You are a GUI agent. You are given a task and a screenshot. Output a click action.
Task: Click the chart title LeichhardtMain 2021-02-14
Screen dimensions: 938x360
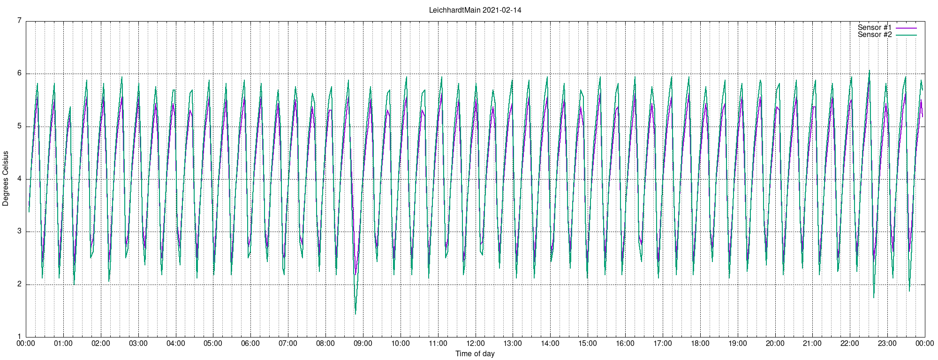click(475, 10)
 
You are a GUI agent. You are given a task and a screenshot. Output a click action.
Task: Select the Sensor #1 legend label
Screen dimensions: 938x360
click(875, 28)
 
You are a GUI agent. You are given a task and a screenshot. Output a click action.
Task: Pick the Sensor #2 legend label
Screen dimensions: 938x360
click(875, 35)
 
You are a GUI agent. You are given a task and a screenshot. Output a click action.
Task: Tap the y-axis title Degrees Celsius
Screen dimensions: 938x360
click(6, 179)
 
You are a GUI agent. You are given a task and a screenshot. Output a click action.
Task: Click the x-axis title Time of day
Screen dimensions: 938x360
click(475, 353)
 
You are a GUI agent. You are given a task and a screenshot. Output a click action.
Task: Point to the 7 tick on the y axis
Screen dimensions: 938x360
click(19, 21)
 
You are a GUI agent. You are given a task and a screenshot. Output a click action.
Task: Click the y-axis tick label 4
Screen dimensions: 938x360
click(19, 179)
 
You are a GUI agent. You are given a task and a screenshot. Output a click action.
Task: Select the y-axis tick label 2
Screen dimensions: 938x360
click(19, 284)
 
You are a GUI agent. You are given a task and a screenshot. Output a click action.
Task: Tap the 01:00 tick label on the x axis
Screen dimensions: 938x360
click(63, 343)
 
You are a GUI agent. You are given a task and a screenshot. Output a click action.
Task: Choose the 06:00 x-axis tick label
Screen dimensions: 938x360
click(250, 343)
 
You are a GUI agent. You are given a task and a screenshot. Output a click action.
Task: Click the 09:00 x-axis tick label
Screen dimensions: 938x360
click(363, 343)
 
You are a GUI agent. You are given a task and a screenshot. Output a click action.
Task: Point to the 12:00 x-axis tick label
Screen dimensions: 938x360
click(475, 343)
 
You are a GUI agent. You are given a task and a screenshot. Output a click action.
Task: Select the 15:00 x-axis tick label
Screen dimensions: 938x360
click(588, 343)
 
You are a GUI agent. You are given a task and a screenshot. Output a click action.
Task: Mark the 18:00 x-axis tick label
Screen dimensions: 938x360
click(700, 343)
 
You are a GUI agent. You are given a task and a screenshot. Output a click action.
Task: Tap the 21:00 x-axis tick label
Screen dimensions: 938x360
click(812, 343)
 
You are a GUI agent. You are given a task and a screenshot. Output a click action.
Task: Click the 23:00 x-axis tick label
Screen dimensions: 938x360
click(887, 343)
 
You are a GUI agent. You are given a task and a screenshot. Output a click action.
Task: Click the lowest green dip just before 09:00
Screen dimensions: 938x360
click(356, 314)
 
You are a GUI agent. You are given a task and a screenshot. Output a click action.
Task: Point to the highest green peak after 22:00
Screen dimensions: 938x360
click(869, 71)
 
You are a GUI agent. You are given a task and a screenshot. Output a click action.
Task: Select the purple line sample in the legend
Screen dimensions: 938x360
click(906, 28)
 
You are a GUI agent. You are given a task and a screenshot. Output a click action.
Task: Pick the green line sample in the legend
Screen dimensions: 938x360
click(906, 35)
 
